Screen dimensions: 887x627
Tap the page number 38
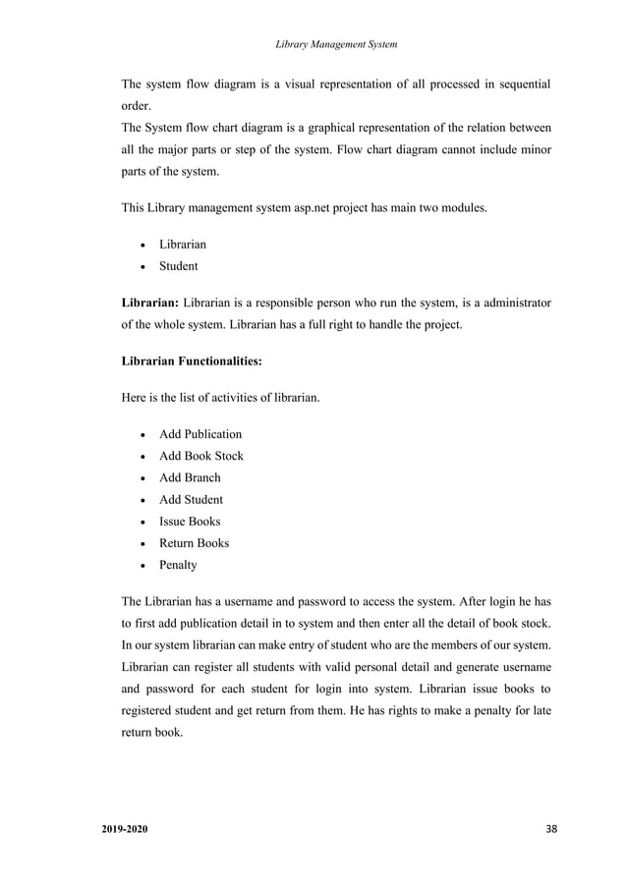pos(550,831)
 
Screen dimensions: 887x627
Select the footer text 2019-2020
pos(127,831)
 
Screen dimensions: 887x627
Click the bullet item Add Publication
pos(199,434)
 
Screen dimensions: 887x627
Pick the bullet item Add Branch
pos(190,477)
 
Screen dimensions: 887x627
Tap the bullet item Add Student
pos(191,499)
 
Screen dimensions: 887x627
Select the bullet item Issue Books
pos(190,522)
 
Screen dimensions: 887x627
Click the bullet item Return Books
pos(194,543)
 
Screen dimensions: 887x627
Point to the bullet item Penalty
pos(178,565)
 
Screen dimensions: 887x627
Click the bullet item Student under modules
pos(178,266)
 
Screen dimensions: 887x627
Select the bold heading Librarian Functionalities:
pos(192,361)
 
